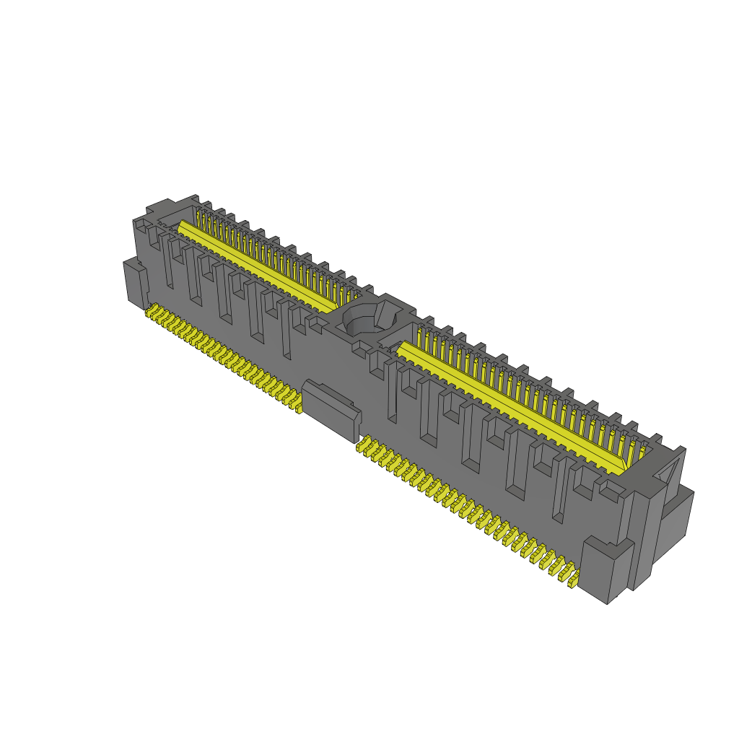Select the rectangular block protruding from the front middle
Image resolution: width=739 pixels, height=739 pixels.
pyautogui.click(x=331, y=409)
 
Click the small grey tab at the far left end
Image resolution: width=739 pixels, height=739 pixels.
pyautogui.click(x=135, y=283)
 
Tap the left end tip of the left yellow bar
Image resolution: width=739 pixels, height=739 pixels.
pyautogui.click(x=180, y=225)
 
